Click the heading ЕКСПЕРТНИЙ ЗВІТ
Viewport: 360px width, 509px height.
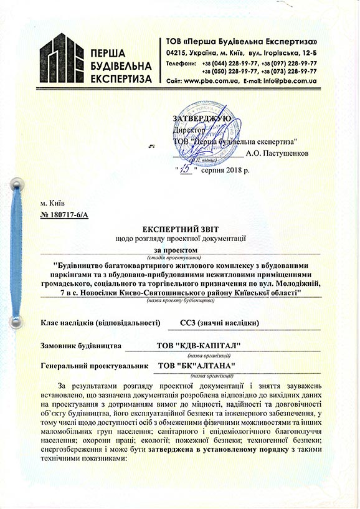click(180, 229)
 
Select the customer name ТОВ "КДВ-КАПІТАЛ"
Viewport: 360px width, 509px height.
click(199, 346)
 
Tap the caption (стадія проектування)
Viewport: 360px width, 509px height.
click(180, 257)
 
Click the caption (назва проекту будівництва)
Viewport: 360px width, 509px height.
click(180, 300)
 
